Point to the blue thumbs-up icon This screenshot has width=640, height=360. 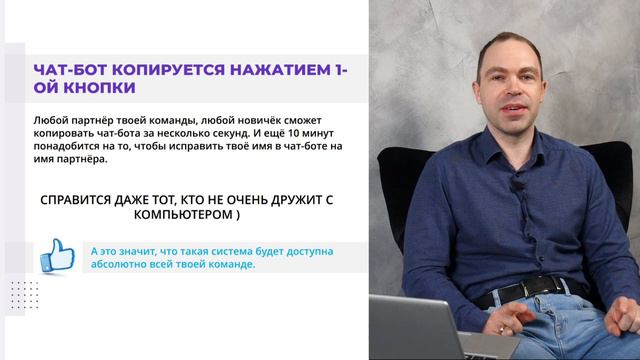(57, 255)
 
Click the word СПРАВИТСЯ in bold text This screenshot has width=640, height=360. (84, 198)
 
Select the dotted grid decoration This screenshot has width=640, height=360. (24, 296)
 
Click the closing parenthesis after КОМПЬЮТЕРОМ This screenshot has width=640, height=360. (237, 215)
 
